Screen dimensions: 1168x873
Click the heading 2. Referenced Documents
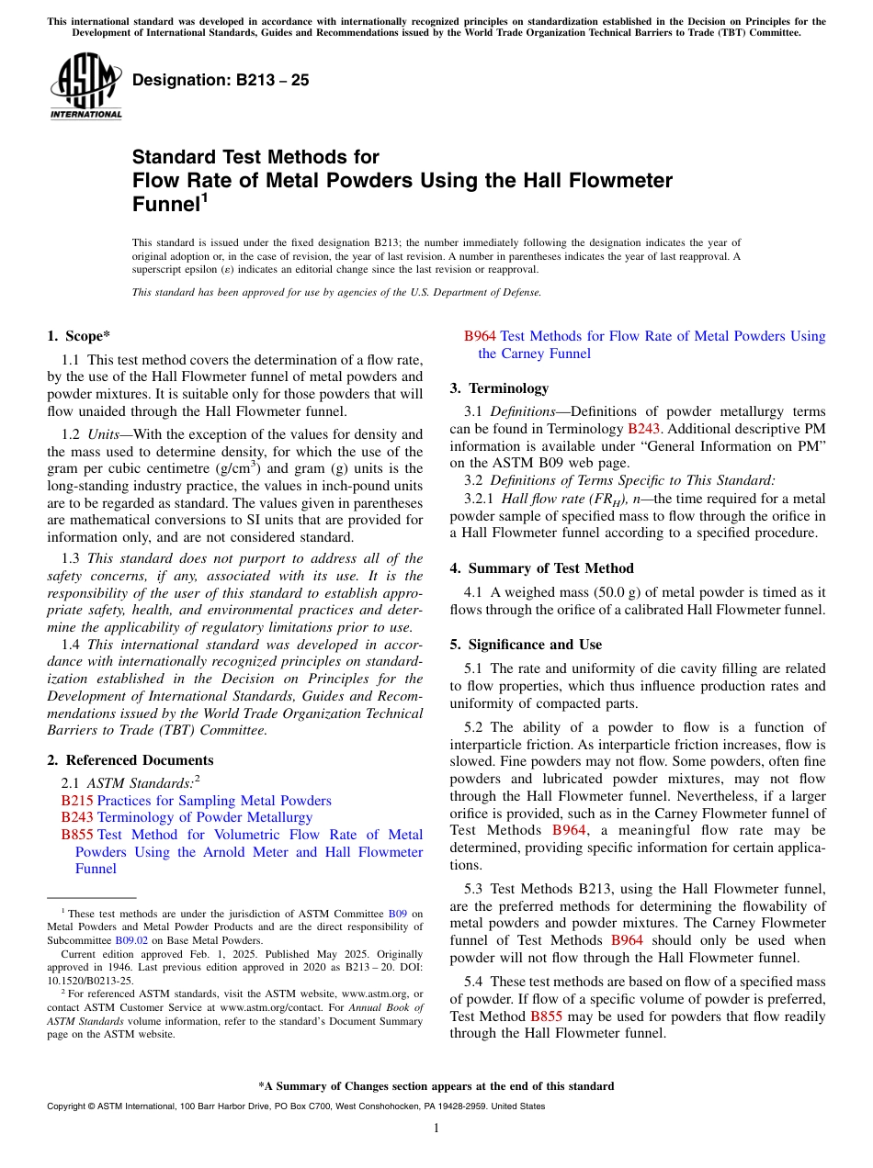130,760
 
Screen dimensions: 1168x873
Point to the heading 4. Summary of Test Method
541,568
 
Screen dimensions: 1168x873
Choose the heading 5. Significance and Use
526,645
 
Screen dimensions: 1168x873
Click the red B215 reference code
77,801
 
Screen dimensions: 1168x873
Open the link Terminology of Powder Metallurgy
205,817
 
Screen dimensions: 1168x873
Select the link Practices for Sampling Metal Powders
214,801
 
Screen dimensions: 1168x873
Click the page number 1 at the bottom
436,1129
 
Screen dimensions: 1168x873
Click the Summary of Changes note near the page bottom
436,1086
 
